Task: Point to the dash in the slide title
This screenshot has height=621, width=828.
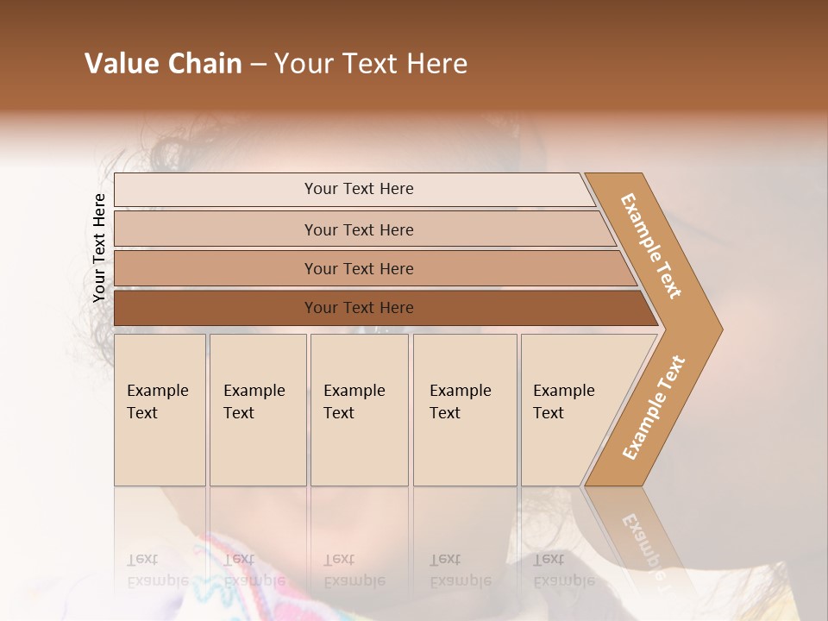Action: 258,65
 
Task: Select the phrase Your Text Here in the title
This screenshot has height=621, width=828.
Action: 370,64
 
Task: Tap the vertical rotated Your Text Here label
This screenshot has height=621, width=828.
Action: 99,248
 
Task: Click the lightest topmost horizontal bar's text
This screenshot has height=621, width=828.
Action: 359,189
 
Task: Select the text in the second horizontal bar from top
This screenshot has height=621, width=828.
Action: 359,229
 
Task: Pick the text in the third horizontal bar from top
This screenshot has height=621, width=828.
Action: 359,268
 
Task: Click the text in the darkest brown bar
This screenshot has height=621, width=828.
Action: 359,307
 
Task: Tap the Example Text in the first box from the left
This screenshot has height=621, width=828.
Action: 157,402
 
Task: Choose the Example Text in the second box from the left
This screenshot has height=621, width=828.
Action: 254,402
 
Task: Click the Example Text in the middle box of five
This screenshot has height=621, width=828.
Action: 354,402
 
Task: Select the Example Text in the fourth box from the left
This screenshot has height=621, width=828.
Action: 460,402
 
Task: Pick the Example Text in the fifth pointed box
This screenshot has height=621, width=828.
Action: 563,402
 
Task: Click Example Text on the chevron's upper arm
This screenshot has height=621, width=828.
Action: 651,246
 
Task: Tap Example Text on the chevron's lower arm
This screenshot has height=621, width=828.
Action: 653,408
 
